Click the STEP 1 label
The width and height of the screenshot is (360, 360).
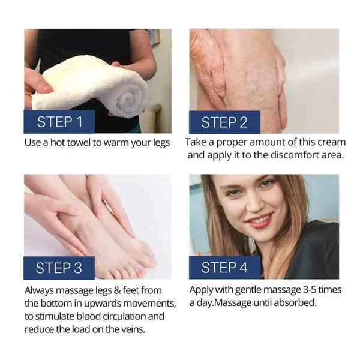tap(59, 122)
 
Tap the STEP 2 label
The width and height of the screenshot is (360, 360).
tap(224, 122)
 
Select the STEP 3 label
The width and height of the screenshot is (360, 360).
tap(59, 268)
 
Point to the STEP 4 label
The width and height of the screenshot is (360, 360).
tap(224, 268)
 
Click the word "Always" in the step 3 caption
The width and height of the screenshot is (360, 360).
tap(39, 291)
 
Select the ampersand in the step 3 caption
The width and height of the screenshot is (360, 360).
tap(117, 290)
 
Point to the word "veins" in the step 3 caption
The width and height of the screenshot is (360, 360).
tap(133, 329)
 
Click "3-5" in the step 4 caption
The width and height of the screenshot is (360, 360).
tap(309, 290)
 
